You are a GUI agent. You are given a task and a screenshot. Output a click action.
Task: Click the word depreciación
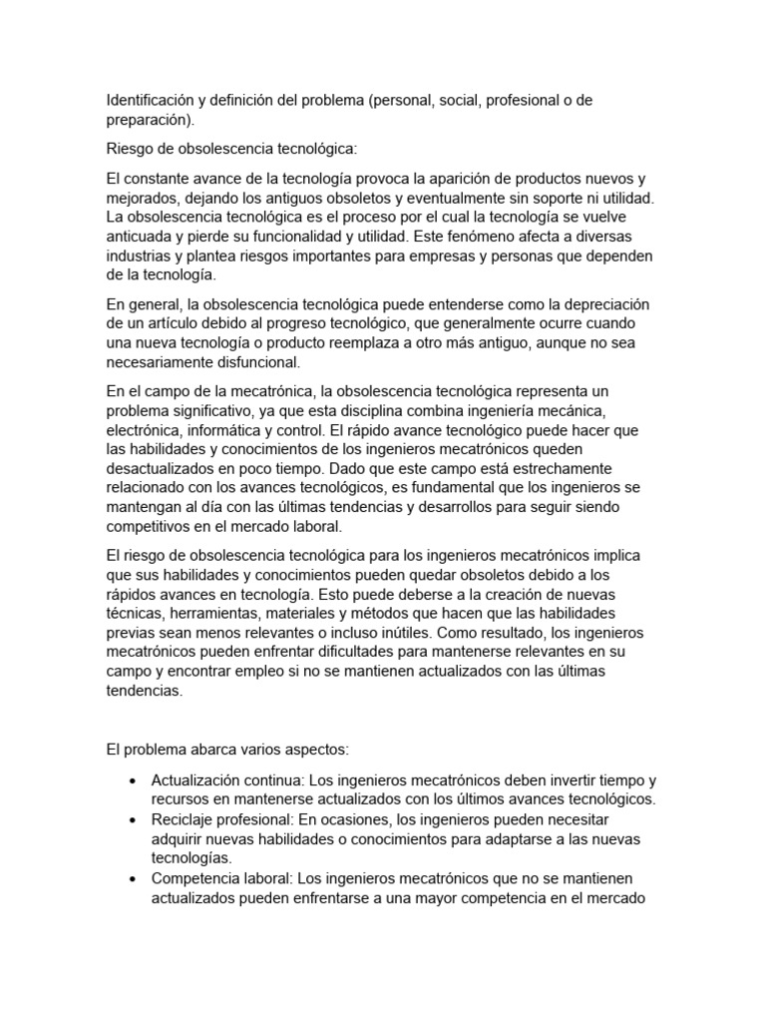pyautogui.click(x=598, y=304)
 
